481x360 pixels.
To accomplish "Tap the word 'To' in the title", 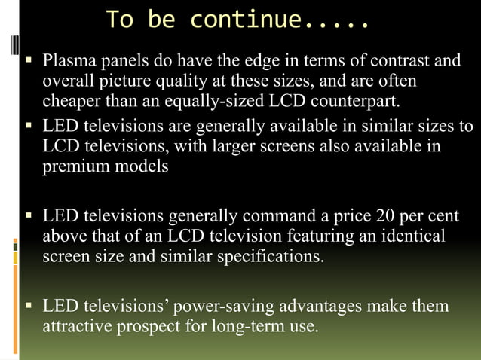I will coord(121,20).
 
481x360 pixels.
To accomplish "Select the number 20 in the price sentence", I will coord(384,216).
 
